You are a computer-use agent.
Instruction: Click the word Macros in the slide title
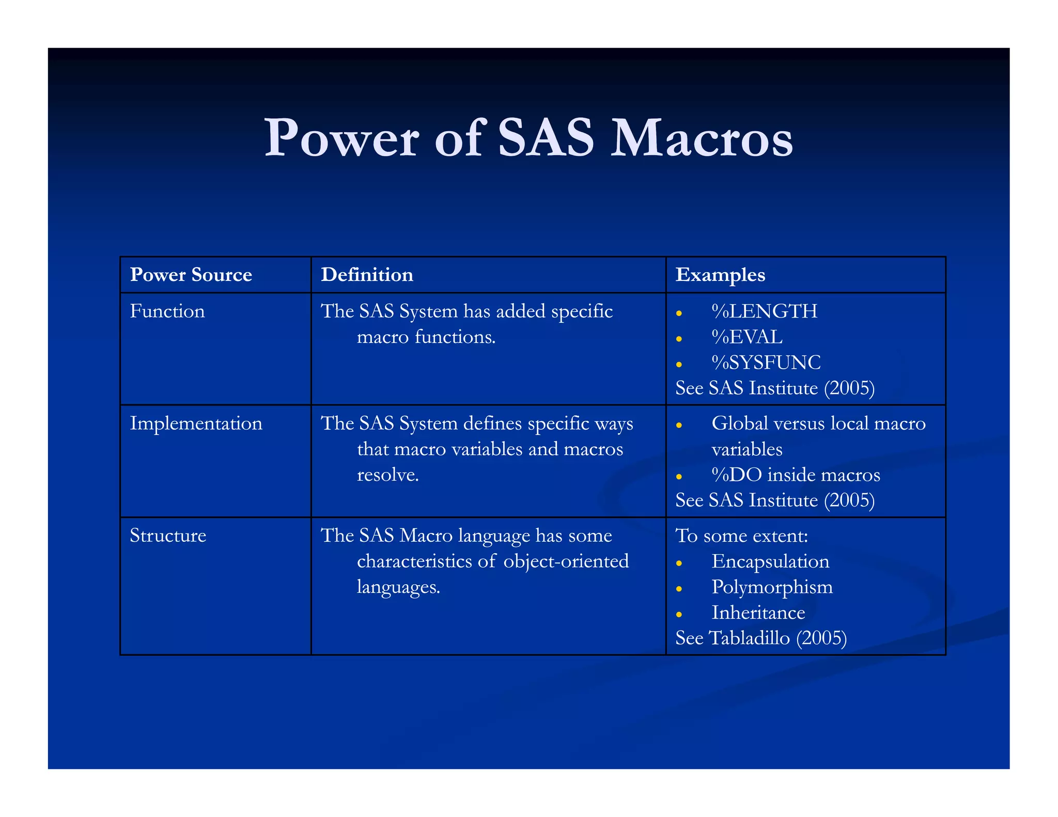tap(701, 138)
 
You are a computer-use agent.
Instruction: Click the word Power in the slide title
tap(341, 138)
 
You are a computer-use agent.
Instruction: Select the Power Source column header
tap(191, 275)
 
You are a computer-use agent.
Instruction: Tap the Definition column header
tap(367, 275)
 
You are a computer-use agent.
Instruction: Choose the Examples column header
tap(720, 275)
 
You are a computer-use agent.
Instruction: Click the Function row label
tap(167, 311)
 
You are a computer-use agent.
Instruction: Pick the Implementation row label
tap(196, 423)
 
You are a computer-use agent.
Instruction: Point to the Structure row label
tap(168, 536)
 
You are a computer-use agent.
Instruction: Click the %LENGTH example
tap(764, 311)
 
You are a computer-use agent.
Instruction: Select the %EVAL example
tap(747, 337)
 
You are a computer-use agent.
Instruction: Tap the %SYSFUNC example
tap(766, 363)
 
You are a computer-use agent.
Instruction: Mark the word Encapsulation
tap(770, 561)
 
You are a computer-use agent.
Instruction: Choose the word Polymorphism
tap(772, 587)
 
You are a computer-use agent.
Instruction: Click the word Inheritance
tap(758, 613)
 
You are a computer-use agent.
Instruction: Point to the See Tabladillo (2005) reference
tap(761, 638)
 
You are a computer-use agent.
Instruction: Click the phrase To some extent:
tap(741, 536)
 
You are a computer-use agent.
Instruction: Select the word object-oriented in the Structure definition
tap(566, 561)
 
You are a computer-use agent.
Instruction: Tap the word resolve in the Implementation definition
tap(387, 475)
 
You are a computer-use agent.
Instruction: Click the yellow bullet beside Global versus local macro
tap(679, 426)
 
